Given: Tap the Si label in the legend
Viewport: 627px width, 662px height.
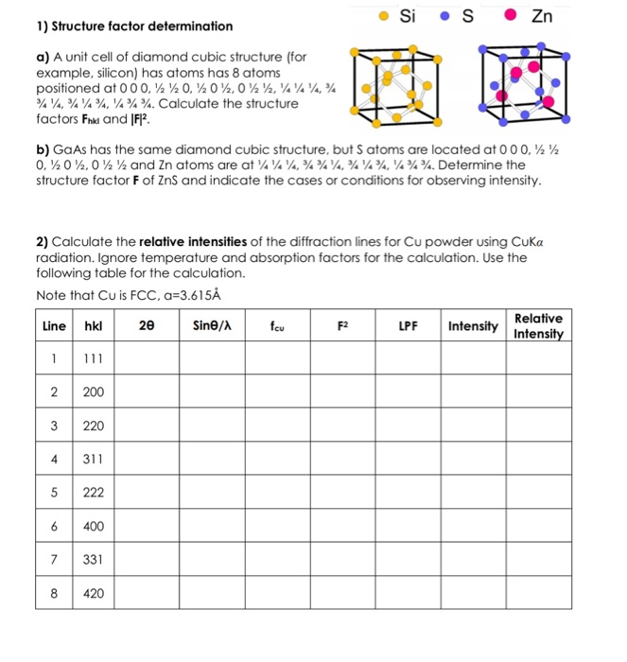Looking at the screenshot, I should (x=408, y=15).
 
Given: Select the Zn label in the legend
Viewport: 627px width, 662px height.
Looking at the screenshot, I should (x=542, y=15).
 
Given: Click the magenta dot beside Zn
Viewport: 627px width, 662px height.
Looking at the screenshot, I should (x=510, y=15).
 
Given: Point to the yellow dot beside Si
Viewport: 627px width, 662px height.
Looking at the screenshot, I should (x=381, y=15).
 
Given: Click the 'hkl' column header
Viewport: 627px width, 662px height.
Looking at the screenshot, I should (x=93, y=324).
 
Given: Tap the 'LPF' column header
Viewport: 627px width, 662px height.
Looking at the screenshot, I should (x=408, y=324).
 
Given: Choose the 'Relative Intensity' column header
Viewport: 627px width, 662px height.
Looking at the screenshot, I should (x=539, y=324).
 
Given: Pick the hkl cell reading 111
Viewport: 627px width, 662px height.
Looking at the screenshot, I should (x=93, y=358).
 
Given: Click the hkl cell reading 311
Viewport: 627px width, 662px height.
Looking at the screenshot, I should (x=93, y=460).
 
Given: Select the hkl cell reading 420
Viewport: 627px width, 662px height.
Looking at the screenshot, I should (x=93, y=594).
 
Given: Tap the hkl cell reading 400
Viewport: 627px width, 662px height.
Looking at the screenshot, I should (x=93, y=527).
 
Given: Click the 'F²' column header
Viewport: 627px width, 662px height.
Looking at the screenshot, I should (x=342, y=324).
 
